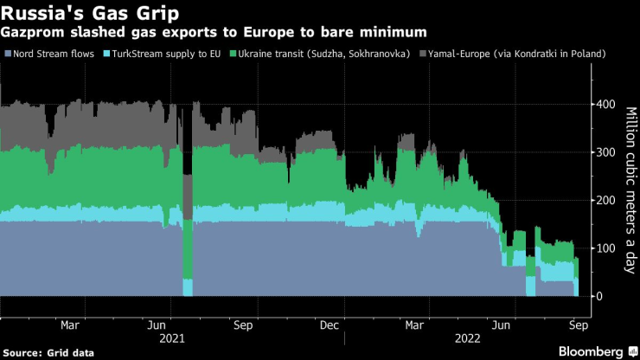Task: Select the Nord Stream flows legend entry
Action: (x=50, y=55)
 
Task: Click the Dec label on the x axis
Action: (x=329, y=325)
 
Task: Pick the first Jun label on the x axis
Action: (x=157, y=325)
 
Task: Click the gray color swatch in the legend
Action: (x=423, y=55)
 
